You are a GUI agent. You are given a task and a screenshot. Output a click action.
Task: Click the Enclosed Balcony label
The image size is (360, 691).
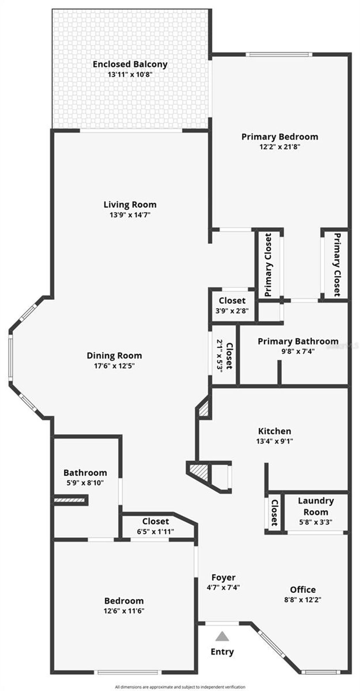click(130, 64)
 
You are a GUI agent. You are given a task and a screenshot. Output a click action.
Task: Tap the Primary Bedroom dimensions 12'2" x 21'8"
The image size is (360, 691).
click(279, 147)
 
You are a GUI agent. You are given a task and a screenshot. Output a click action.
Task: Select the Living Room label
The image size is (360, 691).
click(130, 205)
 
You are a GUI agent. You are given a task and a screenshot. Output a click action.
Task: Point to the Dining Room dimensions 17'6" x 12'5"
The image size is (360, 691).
click(114, 366)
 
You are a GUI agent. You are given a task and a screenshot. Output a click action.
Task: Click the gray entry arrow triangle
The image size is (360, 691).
click(222, 636)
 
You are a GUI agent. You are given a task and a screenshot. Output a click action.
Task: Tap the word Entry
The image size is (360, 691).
click(222, 652)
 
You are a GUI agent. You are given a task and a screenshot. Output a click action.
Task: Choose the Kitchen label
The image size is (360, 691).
click(275, 431)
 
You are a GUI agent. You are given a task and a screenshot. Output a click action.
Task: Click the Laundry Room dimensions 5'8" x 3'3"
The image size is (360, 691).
click(316, 522)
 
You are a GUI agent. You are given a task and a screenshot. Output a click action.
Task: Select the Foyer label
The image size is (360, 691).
click(223, 577)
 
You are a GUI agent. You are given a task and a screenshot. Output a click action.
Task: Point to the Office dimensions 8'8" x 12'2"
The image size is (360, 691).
click(303, 600)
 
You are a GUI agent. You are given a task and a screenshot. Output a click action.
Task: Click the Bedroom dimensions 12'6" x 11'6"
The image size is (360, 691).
click(124, 611)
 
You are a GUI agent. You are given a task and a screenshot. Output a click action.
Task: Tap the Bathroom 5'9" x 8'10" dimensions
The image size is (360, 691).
click(85, 483)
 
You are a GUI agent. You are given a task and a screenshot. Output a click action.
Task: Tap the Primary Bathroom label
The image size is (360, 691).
click(298, 341)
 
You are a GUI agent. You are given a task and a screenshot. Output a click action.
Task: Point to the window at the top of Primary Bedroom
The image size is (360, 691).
click(279, 54)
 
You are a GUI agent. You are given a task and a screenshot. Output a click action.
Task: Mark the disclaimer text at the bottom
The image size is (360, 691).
click(180, 686)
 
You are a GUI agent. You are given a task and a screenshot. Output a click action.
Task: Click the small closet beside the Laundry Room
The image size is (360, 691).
click(274, 513)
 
